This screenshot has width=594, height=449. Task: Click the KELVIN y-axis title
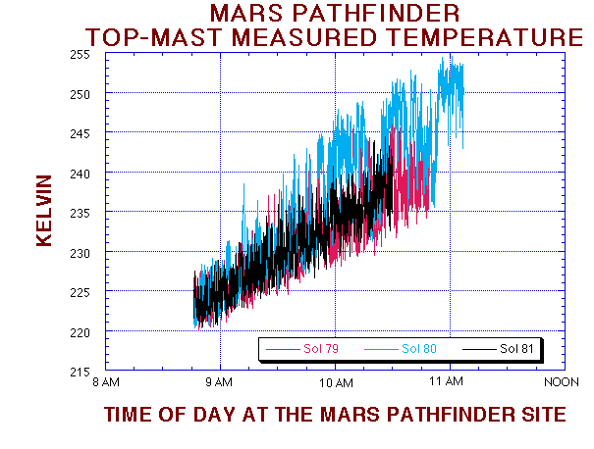[44, 211]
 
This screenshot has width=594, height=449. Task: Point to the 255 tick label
[80, 54]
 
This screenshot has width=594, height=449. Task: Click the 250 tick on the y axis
[80, 94]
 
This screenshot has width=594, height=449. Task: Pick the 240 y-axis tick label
[80, 174]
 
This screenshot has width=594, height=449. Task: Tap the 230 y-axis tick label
[80, 253]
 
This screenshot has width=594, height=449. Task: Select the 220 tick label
[80, 332]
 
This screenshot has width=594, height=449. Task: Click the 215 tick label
[80, 372]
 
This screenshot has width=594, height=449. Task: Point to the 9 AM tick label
[220, 381]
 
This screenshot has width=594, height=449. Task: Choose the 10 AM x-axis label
[335, 381]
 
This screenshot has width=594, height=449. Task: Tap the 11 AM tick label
[449, 381]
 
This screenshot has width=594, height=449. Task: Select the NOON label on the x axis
[564, 381]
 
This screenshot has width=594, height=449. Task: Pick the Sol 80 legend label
[419, 349]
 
